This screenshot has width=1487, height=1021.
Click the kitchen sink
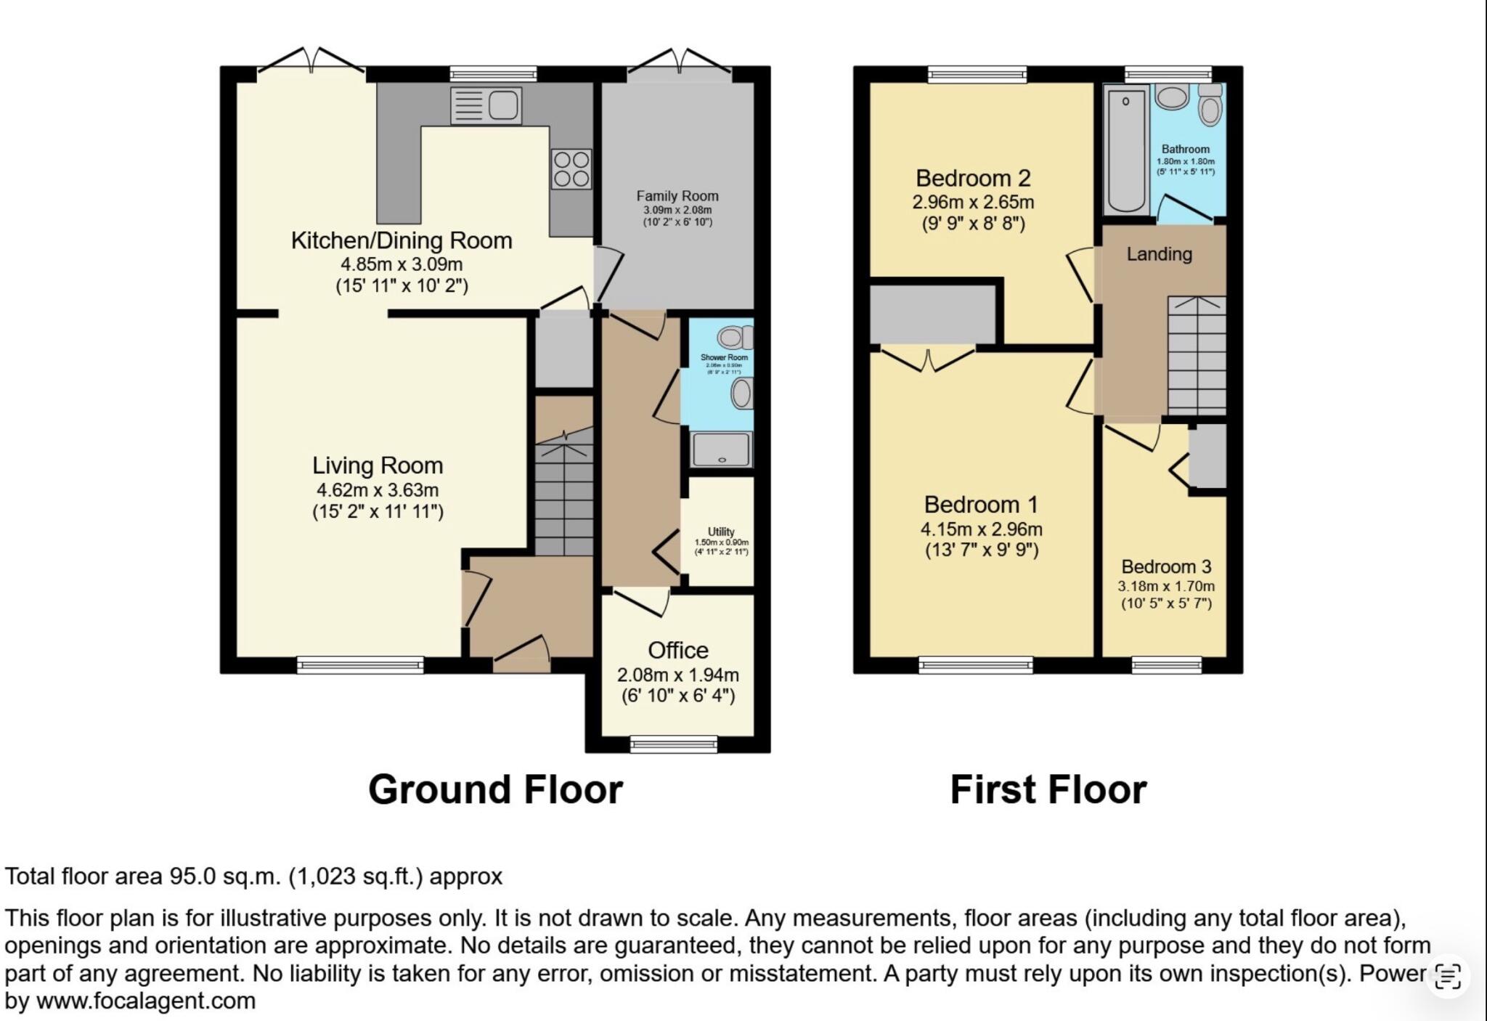point(486,105)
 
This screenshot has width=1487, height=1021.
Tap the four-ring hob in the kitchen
point(571,168)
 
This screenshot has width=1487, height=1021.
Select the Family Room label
point(677,196)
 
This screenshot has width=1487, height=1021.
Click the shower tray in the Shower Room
point(720,450)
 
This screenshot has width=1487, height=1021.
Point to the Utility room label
point(721,532)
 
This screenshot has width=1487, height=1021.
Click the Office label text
point(677,650)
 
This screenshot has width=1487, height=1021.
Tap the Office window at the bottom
point(673,744)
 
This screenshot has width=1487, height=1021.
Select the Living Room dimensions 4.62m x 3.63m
point(377,490)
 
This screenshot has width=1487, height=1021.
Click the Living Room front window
point(360,664)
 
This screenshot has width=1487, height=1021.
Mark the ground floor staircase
point(564,494)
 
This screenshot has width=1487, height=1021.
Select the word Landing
point(1159,254)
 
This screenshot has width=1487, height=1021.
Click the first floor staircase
point(1196,356)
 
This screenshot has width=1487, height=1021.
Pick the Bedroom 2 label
point(973,179)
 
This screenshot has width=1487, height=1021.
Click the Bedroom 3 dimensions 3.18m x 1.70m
point(1165,586)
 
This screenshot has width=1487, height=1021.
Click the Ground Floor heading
point(495,789)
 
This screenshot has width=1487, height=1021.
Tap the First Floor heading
point(1048,789)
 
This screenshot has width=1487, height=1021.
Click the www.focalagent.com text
point(145,1001)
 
